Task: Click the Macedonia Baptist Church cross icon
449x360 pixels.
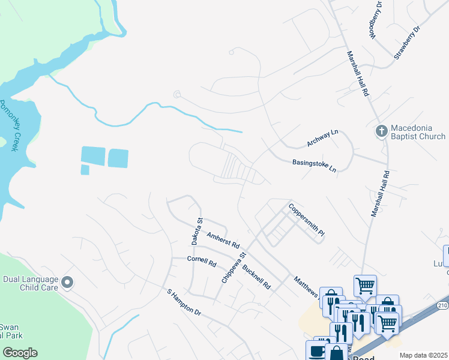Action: (x=381, y=131)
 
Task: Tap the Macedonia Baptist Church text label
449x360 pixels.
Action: (x=418, y=132)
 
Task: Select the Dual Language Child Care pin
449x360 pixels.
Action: (x=67, y=282)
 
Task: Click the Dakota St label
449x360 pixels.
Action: (x=195, y=231)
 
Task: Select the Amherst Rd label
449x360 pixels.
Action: (x=223, y=241)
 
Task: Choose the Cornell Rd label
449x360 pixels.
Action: (x=201, y=262)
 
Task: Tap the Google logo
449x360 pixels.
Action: (x=20, y=353)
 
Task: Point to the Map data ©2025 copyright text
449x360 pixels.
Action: (x=424, y=355)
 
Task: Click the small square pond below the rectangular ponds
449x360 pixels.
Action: (x=85, y=170)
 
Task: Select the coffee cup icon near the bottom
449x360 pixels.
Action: (x=316, y=350)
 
